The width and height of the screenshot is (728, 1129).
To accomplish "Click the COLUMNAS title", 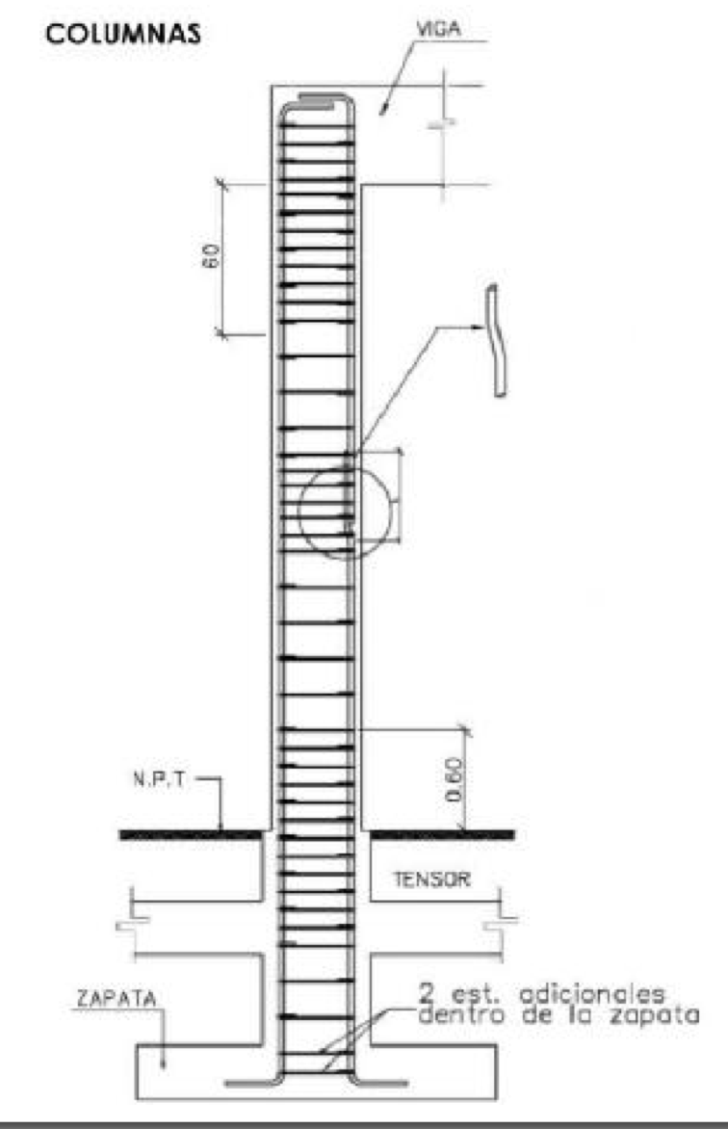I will (124, 35).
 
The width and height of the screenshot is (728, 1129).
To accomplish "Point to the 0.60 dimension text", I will (456, 778).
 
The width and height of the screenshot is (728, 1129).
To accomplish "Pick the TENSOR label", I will (429, 880).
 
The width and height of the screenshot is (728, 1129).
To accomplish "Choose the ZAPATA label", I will (101, 1002).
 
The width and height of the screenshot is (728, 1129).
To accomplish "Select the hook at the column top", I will (318, 97).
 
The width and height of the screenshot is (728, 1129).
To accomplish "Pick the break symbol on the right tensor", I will (498, 926).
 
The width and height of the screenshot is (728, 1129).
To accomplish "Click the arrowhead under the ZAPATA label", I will (165, 1063).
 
